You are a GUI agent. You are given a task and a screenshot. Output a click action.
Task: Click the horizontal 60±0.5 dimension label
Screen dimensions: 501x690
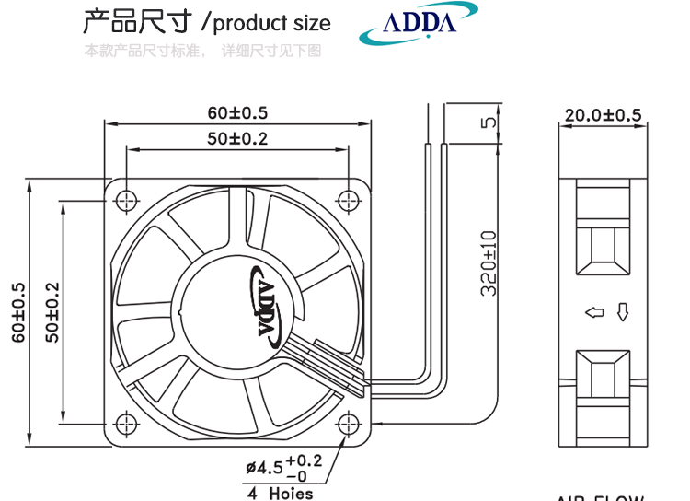click(x=236, y=113)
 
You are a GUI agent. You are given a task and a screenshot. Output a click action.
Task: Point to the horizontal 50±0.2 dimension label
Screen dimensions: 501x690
click(x=236, y=139)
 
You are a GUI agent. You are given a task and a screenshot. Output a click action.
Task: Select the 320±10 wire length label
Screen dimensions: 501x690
click(x=489, y=262)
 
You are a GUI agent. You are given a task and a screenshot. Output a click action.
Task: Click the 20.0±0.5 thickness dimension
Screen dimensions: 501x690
click(x=603, y=115)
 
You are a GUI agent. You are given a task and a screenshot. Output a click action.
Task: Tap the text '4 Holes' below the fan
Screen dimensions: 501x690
click(x=279, y=494)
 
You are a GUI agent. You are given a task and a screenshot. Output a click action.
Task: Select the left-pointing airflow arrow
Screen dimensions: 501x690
click(x=593, y=314)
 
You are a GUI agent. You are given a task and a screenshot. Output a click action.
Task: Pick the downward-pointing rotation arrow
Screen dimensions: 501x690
click(x=622, y=313)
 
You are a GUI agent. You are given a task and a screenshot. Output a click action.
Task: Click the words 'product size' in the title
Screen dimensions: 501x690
click(x=271, y=23)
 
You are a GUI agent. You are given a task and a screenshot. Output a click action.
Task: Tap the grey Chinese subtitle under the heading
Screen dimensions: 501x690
click(x=202, y=51)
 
